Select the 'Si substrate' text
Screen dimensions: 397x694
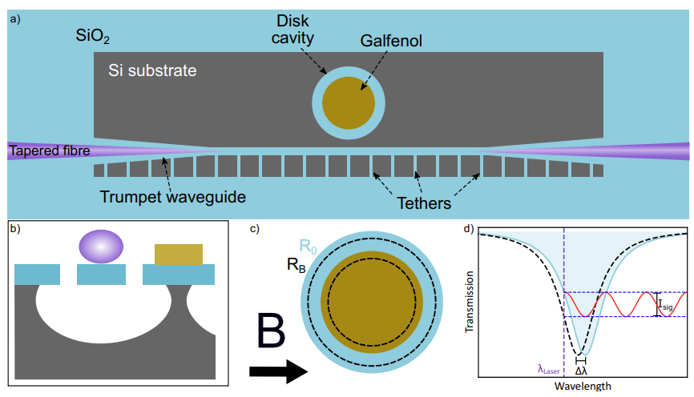[x=152, y=71]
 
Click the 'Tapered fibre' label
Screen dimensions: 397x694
[x=49, y=150]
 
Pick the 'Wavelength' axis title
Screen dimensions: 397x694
[x=582, y=387]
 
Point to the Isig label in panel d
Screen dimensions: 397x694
[x=666, y=303]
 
